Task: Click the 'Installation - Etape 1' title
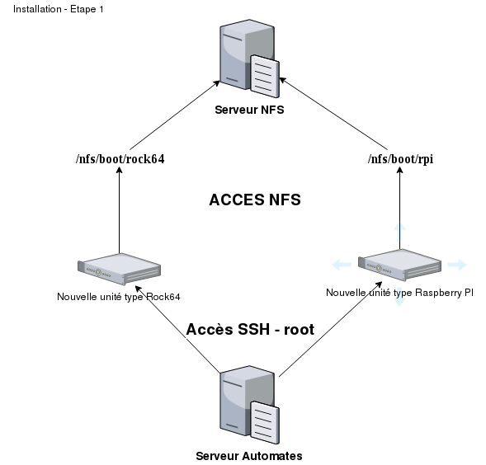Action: pyautogui.click(x=59, y=9)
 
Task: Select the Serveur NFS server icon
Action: pyautogui.click(x=249, y=59)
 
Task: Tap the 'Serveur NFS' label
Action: pyautogui.click(x=249, y=110)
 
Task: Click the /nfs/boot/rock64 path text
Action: pyautogui.click(x=120, y=159)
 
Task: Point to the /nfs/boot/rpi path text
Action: pyautogui.click(x=400, y=159)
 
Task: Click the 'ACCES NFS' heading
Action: pyautogui.click(x=255, y=200)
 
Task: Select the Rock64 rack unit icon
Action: pyautogui.click(x=120, y=269)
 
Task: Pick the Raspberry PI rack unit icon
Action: pyautogui.click(x=400, y=265)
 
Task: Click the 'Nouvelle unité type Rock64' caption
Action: pyautogui.click(x=118, y=297)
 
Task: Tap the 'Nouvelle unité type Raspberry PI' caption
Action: pyautogui.click(x=400, y=293)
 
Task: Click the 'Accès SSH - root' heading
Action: pyautogui.click(x=250, y=329)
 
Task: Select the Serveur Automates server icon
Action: pyautogui.click(x=249, y=405)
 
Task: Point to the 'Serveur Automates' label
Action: pyautogui.click(x=249, y=456)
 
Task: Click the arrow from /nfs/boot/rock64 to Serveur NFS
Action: pyautogui.click(x=175, y=115)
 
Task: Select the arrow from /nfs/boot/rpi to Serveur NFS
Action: pyautogui.click(x=333, y=114)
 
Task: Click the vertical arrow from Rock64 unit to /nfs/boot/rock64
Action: pyautogui.click(x=120, y=210)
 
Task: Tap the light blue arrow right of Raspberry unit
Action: pyautogui.click(x=457, y=265)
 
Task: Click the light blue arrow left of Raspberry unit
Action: pyautogui.click(x=342, y=265)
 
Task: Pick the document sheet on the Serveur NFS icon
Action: pyautogui.click(x=265, y=76)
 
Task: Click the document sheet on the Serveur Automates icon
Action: pyautogui.click(x=265, y=423)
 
